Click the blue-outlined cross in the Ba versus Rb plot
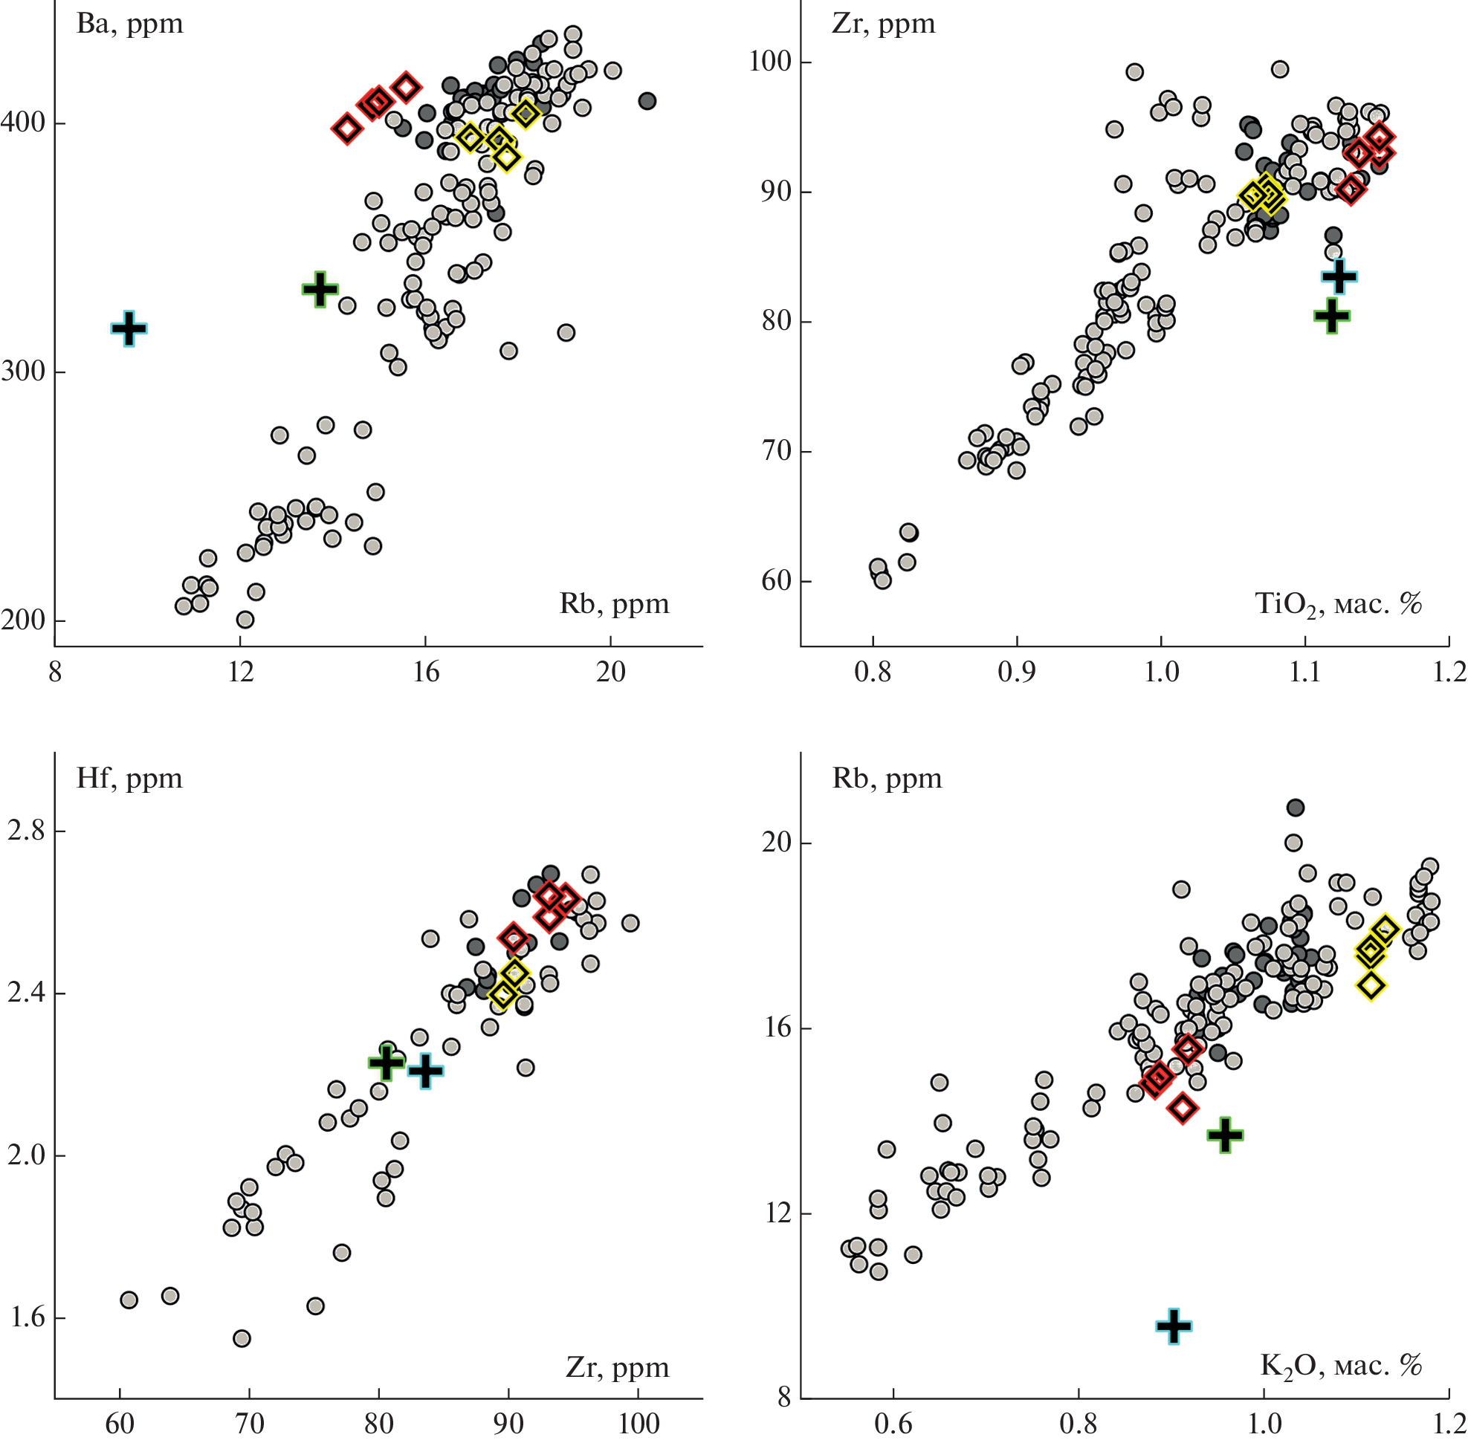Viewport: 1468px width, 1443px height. (129, 328)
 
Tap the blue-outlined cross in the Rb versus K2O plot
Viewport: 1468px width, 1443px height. (1174, 1326)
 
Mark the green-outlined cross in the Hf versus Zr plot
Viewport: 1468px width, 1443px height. (386, 1063)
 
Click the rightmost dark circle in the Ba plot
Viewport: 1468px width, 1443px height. (647, 101)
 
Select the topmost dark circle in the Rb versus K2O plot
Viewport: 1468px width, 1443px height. (1295, 807)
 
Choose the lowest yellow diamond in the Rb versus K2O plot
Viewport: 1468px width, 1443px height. (1371, 985)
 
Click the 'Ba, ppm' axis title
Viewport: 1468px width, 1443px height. (129, 24)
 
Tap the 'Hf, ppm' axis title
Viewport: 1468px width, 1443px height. (129, 778)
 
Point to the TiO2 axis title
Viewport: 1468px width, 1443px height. (1338, 604)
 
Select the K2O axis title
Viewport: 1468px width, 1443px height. (1340, 1365)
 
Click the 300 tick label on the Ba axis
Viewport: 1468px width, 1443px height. (23, 372)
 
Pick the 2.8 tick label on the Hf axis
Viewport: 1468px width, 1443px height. (27, 831)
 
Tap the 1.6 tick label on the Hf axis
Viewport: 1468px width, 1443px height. (27, 1318)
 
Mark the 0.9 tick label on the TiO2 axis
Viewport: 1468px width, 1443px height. (1016, 672)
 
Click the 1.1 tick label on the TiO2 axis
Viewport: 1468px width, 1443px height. (1305, 672)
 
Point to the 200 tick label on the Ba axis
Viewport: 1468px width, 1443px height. (23, 620)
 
